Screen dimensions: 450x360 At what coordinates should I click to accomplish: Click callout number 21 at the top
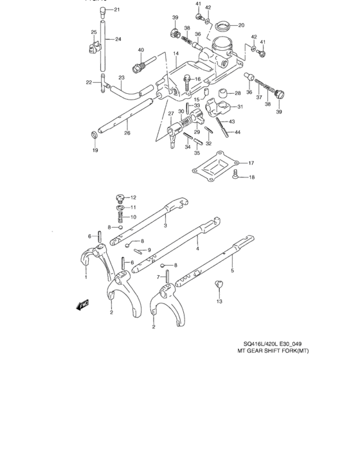(x=116, y=10)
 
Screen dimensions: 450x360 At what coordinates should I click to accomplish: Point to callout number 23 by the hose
(x=121, y=78)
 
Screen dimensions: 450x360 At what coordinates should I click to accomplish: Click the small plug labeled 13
(x=219, y=283)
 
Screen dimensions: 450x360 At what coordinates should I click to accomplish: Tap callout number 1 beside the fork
(x=85, y=277)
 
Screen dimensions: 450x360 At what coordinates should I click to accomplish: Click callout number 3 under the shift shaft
(x=165, y=226)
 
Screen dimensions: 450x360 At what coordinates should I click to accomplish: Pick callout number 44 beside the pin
(x=237, y=132)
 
